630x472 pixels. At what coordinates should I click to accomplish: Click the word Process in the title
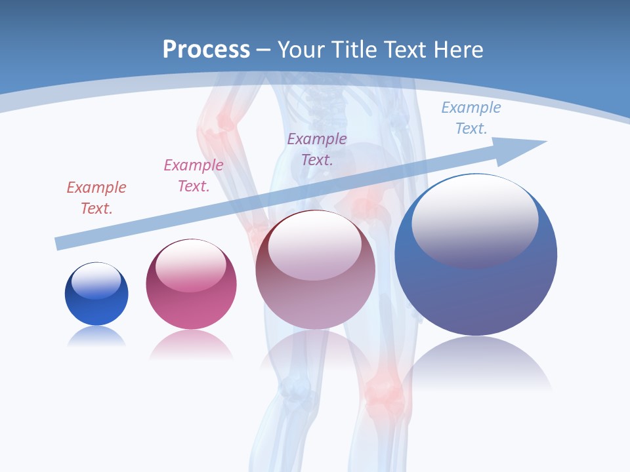click(x=206, y=49)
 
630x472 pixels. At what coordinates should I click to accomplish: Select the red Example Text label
click(x=96, y=198)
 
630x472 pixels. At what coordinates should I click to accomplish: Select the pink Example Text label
click(x=194, y=176)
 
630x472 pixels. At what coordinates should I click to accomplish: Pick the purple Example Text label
click(x=317, y=149)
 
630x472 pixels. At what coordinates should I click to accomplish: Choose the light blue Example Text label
click(x=471, y=118)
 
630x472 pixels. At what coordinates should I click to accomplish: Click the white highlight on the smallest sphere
click(x=96, y=281)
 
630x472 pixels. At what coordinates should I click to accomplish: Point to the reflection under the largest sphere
click(x=476, y=364)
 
